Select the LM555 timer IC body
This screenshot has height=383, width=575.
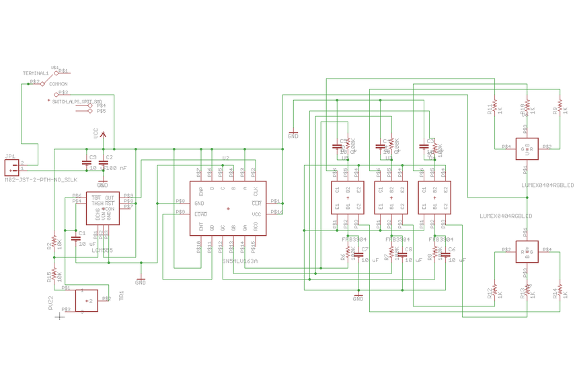(103, 208)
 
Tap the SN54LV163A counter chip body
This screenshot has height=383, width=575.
(228, 208)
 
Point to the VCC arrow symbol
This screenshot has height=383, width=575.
(103, 134)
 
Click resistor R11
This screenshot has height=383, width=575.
(494, 107)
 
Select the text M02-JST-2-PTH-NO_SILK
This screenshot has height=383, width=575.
(41, 180)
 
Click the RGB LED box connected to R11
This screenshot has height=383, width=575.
(527, 148)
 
